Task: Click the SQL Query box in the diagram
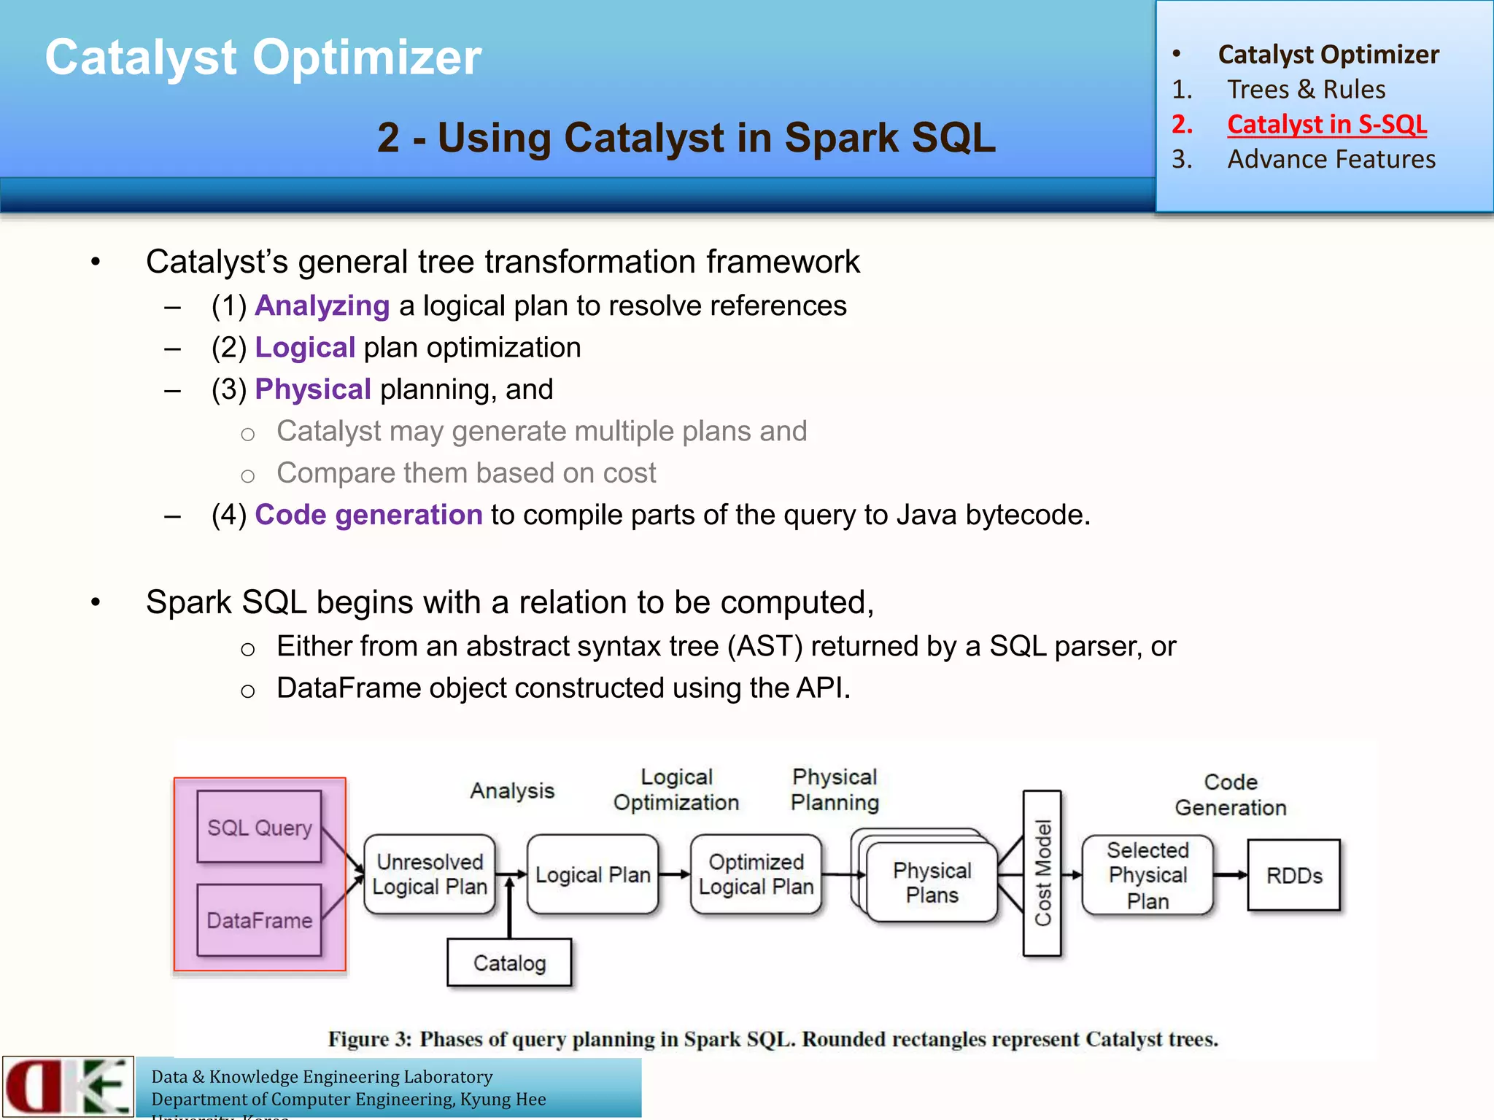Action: click(259, 827)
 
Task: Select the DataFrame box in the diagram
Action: click(259, 920)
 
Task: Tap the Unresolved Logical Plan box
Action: click(429, 874)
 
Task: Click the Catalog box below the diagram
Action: click(509, 962)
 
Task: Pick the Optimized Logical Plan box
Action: click(756, 874)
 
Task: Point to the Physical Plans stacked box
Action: click(932, 882)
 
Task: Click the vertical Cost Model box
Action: click(1042, 873)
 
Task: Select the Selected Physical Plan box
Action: click(1147, 874)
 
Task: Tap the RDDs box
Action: click(1293, 875)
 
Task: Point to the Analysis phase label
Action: click(512, 790)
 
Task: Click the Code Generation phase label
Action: click(1230, 795)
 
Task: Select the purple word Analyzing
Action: click(322, 306)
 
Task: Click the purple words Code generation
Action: click(368, 515)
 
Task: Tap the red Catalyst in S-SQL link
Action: click(1326, 124)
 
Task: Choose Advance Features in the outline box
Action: click(1331, 159)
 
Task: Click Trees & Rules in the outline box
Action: click(1306, 89)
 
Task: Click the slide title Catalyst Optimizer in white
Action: click(263, 57)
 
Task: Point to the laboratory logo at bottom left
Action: click(68, 1086)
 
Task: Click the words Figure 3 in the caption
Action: click(369, 1039)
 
